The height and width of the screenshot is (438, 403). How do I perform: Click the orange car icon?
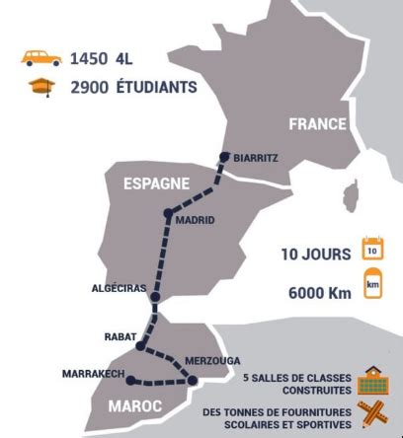[x=42, y=58]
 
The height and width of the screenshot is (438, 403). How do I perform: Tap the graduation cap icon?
[x=42, y=87]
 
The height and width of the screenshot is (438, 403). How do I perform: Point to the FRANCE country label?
[x=317, y=124]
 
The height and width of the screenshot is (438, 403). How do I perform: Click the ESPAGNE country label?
[x=156, y=183]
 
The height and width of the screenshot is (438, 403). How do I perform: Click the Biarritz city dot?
[x=225, y=155]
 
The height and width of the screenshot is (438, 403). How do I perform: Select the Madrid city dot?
[x=168, y=212]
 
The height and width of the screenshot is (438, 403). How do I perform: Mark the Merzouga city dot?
[x=194, y=380]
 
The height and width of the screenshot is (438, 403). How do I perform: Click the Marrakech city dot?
[x=130, y=376]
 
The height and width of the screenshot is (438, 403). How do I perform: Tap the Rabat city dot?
[x=140, y=346]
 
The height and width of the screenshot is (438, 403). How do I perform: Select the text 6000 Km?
[x=319, y=292]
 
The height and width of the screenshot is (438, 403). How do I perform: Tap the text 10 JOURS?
[x=315, y=254]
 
